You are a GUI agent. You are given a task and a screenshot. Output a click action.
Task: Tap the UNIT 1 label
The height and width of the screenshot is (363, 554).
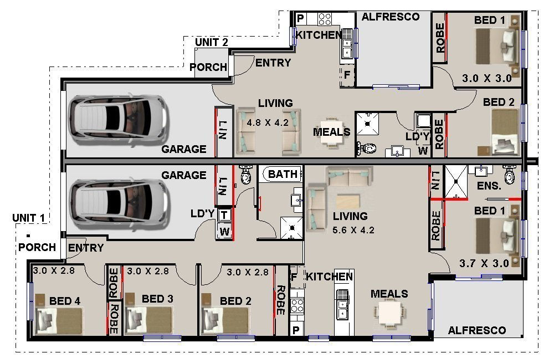pos(28,218)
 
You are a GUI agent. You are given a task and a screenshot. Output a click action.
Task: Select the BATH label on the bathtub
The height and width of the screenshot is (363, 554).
pos(283,174)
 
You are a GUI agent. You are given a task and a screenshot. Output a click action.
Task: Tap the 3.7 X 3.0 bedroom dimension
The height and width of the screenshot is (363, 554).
pos(484,263)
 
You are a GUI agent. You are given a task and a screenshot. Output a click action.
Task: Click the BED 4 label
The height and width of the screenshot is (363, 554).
pos(65,301)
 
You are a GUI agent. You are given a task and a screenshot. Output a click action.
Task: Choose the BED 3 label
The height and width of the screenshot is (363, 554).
pos(157,299)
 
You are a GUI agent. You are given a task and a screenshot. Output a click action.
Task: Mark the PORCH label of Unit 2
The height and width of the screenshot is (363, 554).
pos(208,67)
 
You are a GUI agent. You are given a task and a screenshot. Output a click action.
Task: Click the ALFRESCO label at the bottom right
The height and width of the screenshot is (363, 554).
pos(476,330)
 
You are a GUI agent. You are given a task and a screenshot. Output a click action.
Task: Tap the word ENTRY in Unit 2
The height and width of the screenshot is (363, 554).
pos(273,63)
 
